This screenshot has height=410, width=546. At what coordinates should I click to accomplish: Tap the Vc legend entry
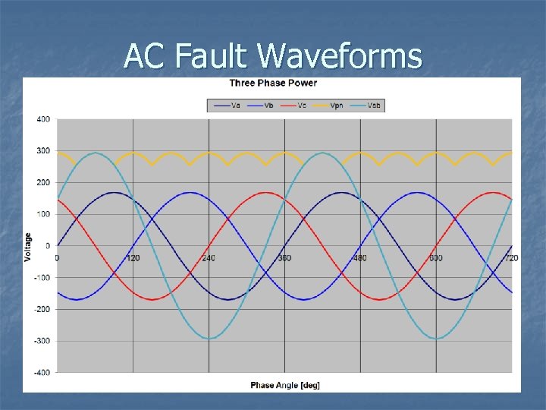(296, 106)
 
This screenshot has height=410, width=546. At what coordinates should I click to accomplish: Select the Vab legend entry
(369, 106)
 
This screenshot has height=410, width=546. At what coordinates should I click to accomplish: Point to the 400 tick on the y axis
(43, 119)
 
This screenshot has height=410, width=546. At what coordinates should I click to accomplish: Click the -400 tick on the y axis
(42, 373)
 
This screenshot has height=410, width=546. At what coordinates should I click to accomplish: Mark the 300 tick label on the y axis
(43, 151)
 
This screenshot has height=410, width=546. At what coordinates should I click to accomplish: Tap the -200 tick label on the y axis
(42, 309)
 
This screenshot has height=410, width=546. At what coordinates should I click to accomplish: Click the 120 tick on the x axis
(133, 258)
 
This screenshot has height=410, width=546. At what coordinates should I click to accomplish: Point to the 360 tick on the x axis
(284, 258)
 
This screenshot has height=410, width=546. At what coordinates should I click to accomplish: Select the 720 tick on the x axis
(512, 258)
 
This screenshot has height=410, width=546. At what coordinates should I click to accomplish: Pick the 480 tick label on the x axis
(360, 258)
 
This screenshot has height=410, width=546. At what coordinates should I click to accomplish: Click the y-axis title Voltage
(29, 247)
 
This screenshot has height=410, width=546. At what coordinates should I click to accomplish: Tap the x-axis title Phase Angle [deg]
(285, 385)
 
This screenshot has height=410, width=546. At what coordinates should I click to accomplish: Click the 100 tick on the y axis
(43, 214)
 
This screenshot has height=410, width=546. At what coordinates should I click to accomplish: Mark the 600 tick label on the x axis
(436, 258)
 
